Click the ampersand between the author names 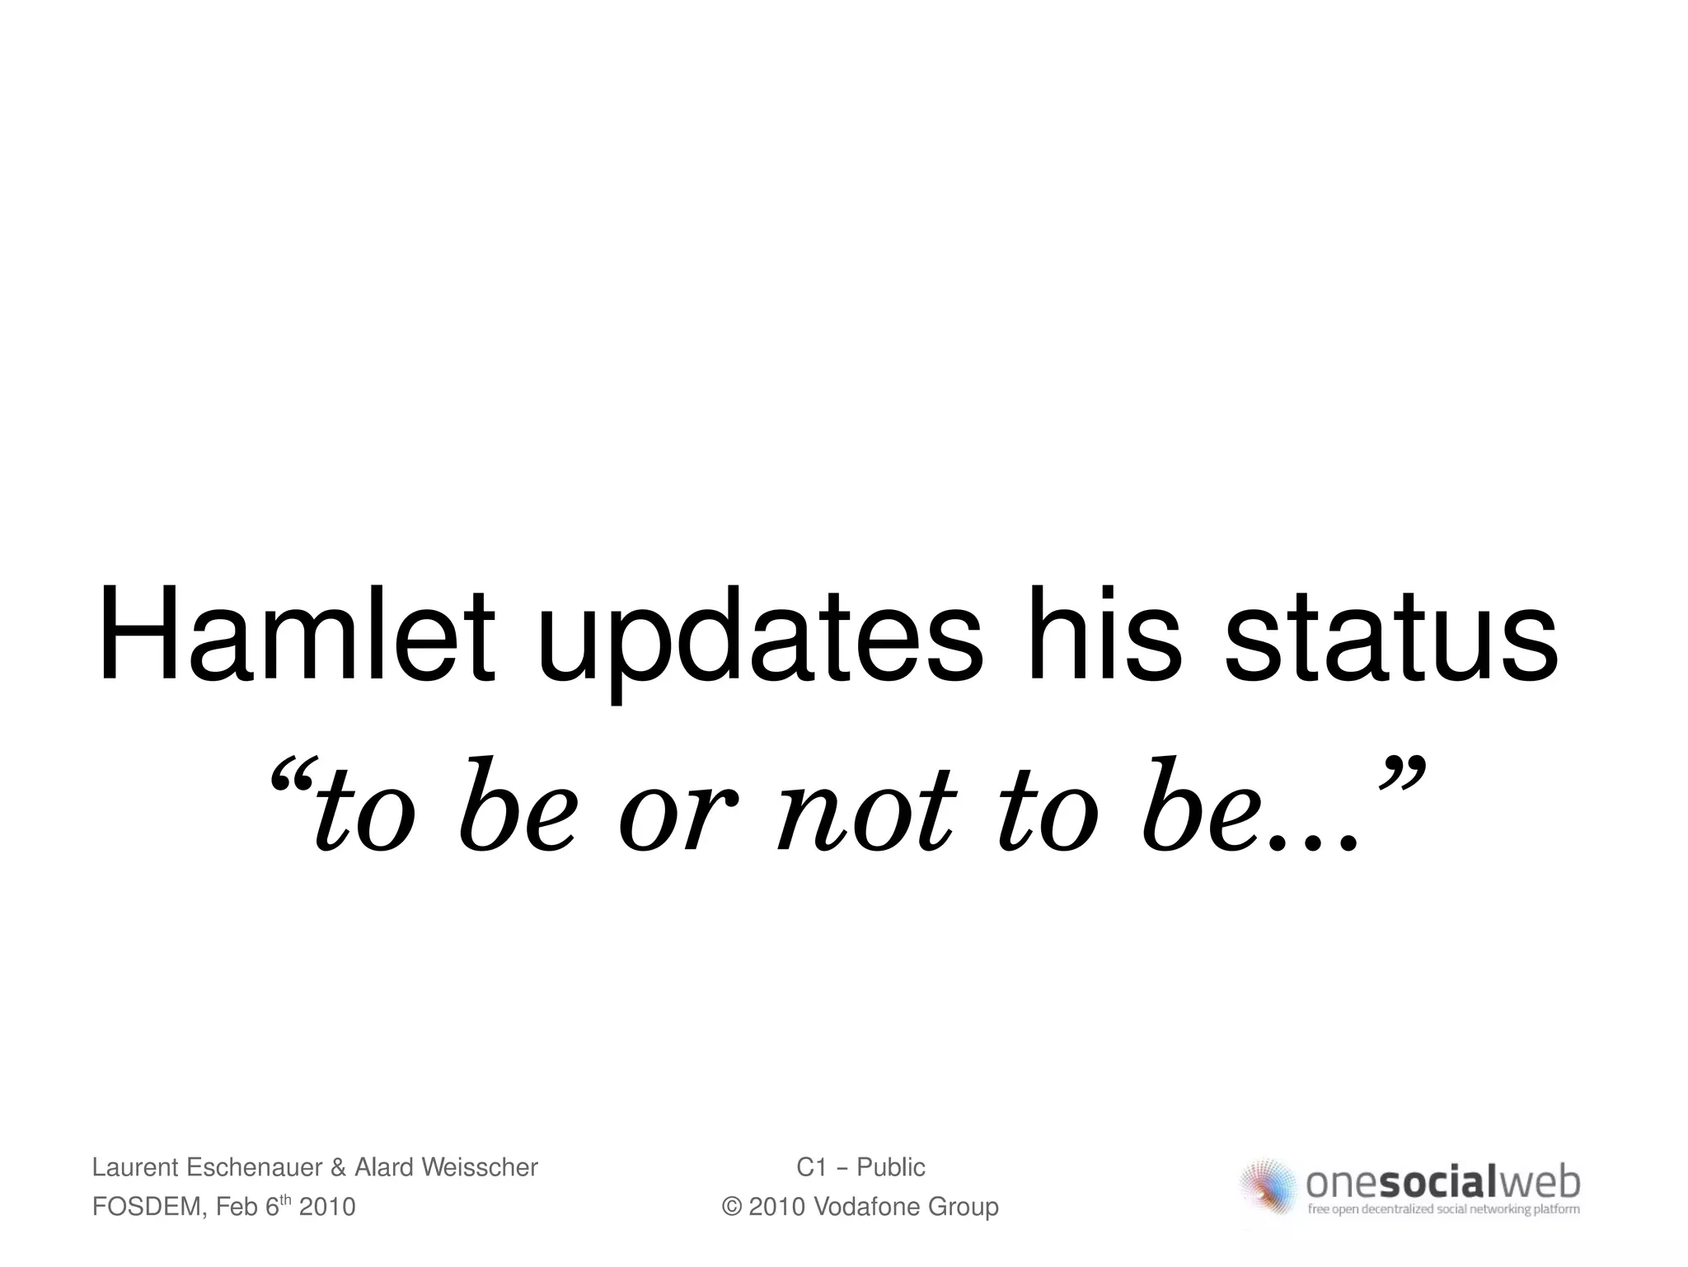click(x=338, y=1167)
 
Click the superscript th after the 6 click(x=287, y=1199)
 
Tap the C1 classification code click(x=812, y=1167)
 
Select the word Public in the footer click(x=891, y=1167)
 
